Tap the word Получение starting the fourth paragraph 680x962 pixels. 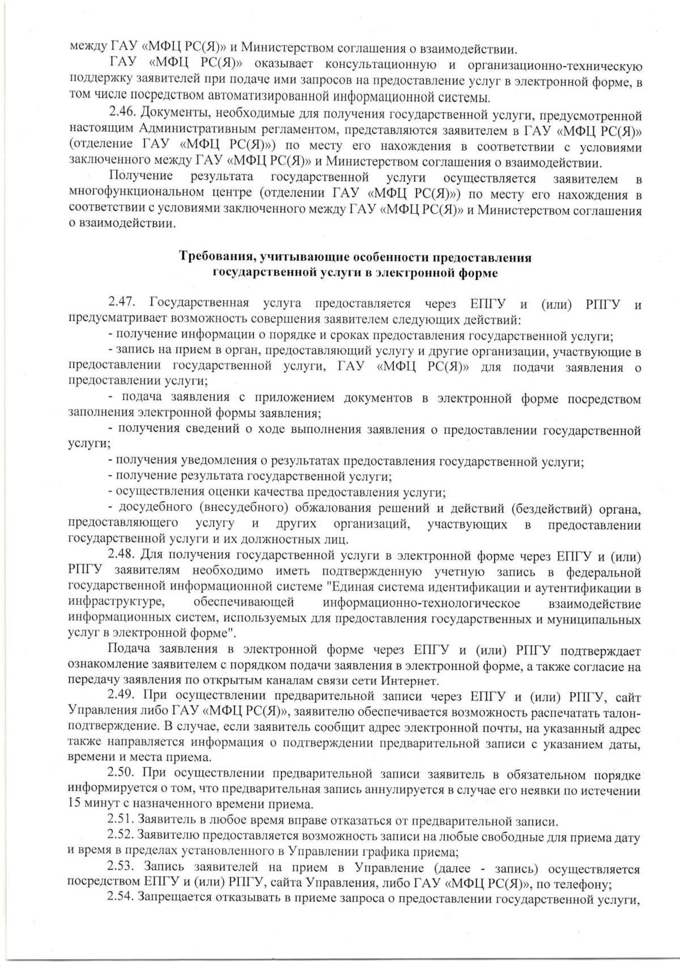pyautogui.click(x=140, y=178)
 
